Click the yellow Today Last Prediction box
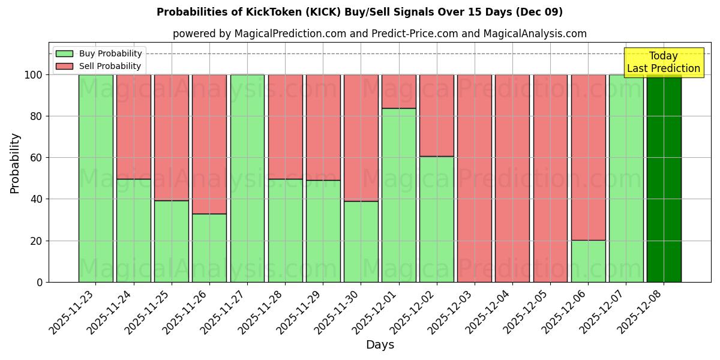point(663,62)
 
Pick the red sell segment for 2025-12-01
point(398,91)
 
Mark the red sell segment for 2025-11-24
point(133,127)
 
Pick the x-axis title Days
point(380,345)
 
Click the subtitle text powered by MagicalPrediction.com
point(380,34)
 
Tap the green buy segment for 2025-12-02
point(436,219)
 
